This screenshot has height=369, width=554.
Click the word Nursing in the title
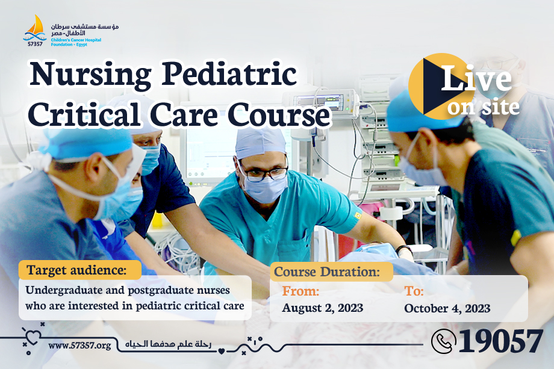pos(90,75)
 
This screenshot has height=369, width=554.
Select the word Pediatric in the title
pos(229,73)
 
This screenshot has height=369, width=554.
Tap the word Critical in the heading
pos(84,114)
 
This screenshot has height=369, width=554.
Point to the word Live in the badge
pos(476,78)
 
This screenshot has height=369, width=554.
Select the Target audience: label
pos(76,270)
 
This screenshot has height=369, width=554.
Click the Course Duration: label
pos(327,271)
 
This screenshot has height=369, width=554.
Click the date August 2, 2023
pos(322,308)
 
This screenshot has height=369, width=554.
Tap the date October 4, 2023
pos(447,308)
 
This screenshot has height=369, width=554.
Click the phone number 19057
pos(500,341)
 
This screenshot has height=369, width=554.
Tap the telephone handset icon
pos(443,341)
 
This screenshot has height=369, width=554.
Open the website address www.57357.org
pos(79,346)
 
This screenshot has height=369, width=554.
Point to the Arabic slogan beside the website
pos(168,344)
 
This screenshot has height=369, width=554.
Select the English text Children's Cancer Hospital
pos(76,40)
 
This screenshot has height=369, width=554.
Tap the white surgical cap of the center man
pos(260,143)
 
